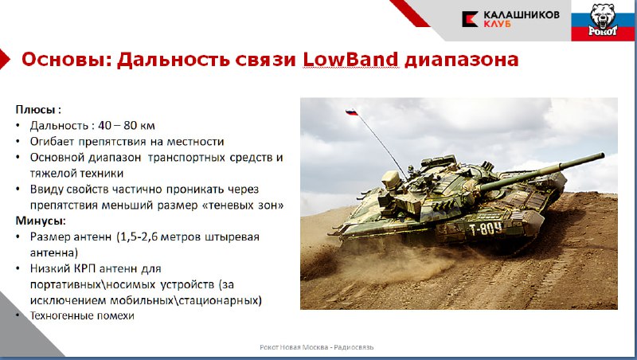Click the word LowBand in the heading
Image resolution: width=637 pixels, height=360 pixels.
[350, 59]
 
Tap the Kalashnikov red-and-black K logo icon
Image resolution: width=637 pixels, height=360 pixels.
[470, 19]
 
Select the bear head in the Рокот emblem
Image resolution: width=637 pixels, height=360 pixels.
[603, 15]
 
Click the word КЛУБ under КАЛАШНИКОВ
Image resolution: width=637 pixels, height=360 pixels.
[497, 24]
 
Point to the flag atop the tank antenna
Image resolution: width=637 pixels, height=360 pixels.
[351, 112]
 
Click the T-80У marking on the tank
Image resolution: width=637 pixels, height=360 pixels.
[486, 229]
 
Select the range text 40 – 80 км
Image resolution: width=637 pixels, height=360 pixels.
[127, 125]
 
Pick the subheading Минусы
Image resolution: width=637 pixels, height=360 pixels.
[41, 221]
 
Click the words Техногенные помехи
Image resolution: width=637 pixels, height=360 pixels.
[82, 315]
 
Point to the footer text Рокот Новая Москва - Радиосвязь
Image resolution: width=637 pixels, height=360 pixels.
[316, 347]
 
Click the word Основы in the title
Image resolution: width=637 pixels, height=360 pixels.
[66, 59]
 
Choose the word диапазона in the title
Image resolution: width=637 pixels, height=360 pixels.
[462, 61]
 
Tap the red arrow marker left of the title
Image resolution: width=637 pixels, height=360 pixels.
[5, 59]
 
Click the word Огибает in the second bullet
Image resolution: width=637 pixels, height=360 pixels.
[52, 142]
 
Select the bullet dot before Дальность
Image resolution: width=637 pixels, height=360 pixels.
[18, 125]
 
